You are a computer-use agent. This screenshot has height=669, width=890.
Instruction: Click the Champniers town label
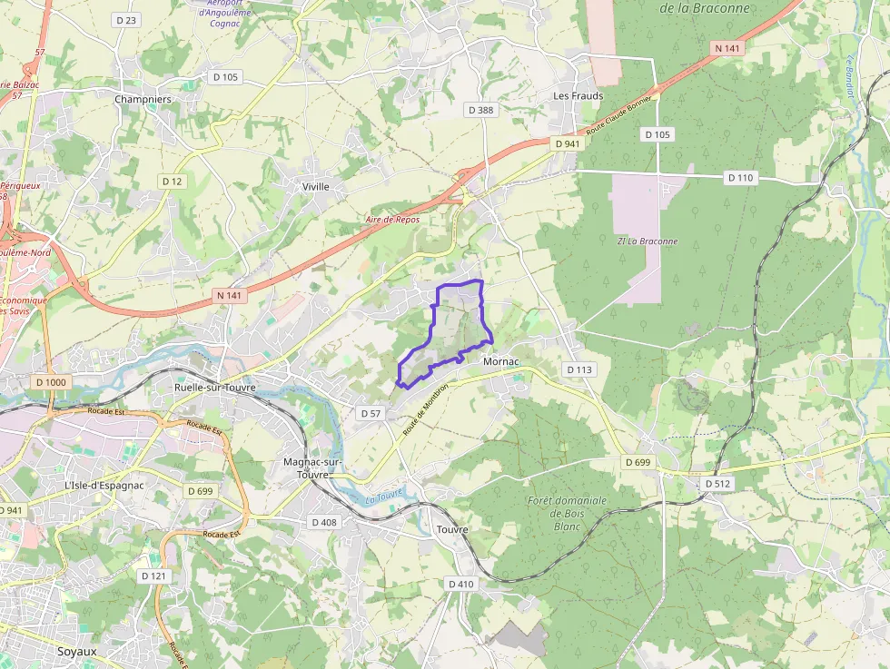[x=143, y=99]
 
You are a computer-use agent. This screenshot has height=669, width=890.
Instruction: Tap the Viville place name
[x=316, y=186]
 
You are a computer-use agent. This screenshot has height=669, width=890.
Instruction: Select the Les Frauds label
[x=578, y=96]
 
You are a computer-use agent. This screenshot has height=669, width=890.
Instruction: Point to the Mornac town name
[x=501, y=361]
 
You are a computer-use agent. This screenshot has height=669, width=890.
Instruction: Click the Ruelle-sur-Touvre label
[x=215, y=388]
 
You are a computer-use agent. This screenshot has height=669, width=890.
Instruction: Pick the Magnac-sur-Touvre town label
[x=311, y=467]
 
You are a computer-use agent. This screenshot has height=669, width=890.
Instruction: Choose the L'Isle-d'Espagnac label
[x=104, y=486]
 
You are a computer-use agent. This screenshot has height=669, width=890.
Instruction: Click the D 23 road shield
[x=126, y=19]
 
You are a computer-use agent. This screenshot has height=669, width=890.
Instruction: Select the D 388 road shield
[x=481, y=110]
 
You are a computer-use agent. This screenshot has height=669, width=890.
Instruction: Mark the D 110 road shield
[x=741, y=178]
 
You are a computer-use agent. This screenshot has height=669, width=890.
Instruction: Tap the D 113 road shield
[x=579, y=369]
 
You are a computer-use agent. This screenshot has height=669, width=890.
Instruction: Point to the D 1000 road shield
[x=52, y=382]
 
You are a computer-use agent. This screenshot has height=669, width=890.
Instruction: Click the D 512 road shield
[x=717, y=484]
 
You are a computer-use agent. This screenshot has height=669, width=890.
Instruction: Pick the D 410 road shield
[x=460, y=584]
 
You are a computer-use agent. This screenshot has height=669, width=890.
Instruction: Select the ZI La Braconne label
[x=646, y=241]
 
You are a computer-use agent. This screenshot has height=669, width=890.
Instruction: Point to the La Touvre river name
[x=383, y=497]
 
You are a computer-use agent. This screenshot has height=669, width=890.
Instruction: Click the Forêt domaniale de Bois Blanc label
[x=567, y=513]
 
